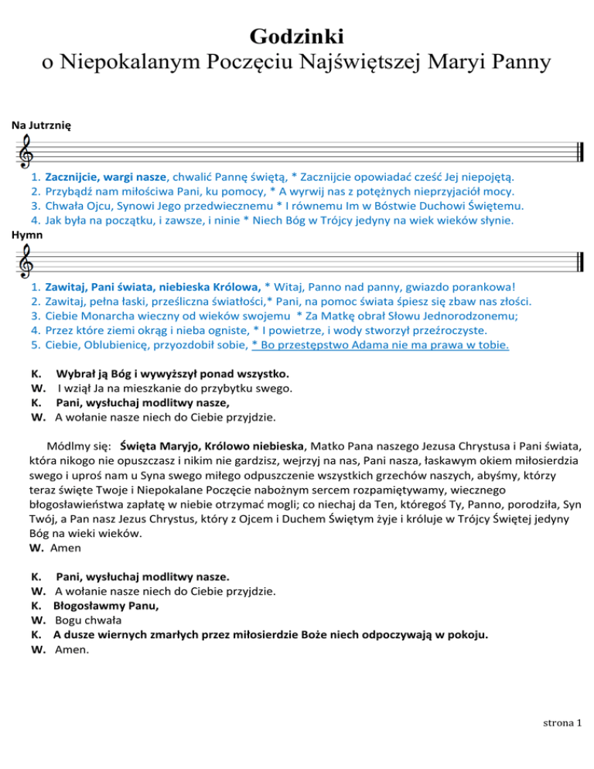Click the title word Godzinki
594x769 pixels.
(297, 36)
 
